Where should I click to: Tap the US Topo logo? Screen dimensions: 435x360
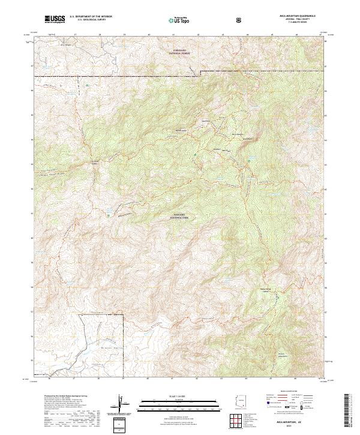coord(176,20)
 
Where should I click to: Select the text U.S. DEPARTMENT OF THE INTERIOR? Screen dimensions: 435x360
coord(91,17)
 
